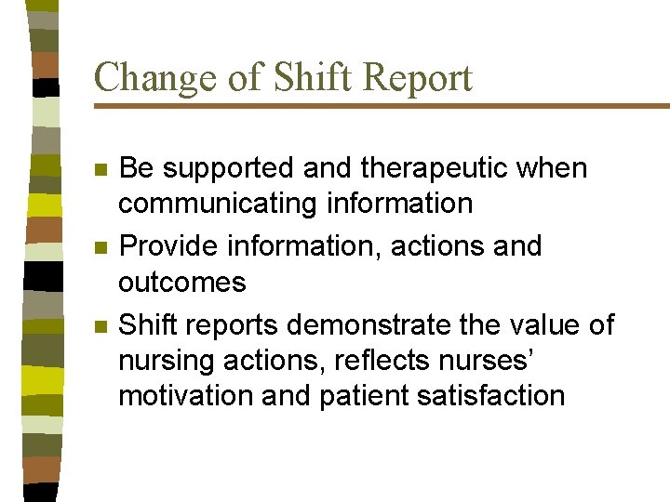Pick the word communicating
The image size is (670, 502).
(x=221, y=204)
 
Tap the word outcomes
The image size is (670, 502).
(x=181, y=282)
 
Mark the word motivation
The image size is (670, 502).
(x=186, y=395)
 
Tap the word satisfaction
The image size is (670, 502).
(x=489, y=395)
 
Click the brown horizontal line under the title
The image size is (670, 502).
(x=382, y=106)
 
